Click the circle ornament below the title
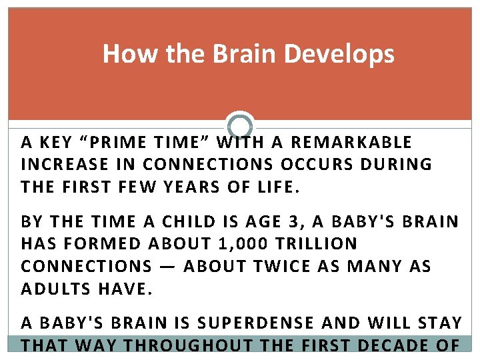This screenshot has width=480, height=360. coord(240,125)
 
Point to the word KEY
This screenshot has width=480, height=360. coord(55,143)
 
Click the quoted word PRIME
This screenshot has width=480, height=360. coord(119,143)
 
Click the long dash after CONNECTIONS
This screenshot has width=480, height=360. coord(168,266)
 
